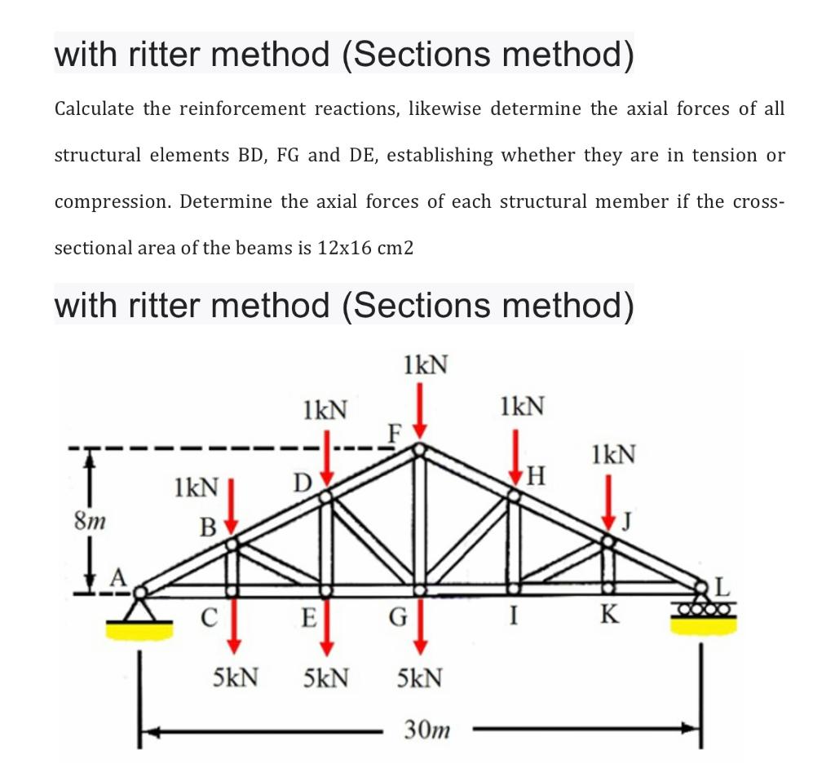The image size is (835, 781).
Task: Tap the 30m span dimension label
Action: pos(426,730)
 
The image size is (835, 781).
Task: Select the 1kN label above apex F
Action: pos(425,364)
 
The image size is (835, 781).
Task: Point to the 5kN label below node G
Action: pos(420,677)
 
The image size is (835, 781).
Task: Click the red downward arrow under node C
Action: pos(234,624)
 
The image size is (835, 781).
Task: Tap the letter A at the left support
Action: pos(119,577)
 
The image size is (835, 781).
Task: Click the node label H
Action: pos(537,474)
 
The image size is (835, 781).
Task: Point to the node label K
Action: pos(607,616)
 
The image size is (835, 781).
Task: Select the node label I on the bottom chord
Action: pos(512,616)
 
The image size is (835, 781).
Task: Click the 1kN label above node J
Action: pos(614,453)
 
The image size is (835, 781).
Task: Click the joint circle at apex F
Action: pos(419,449)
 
